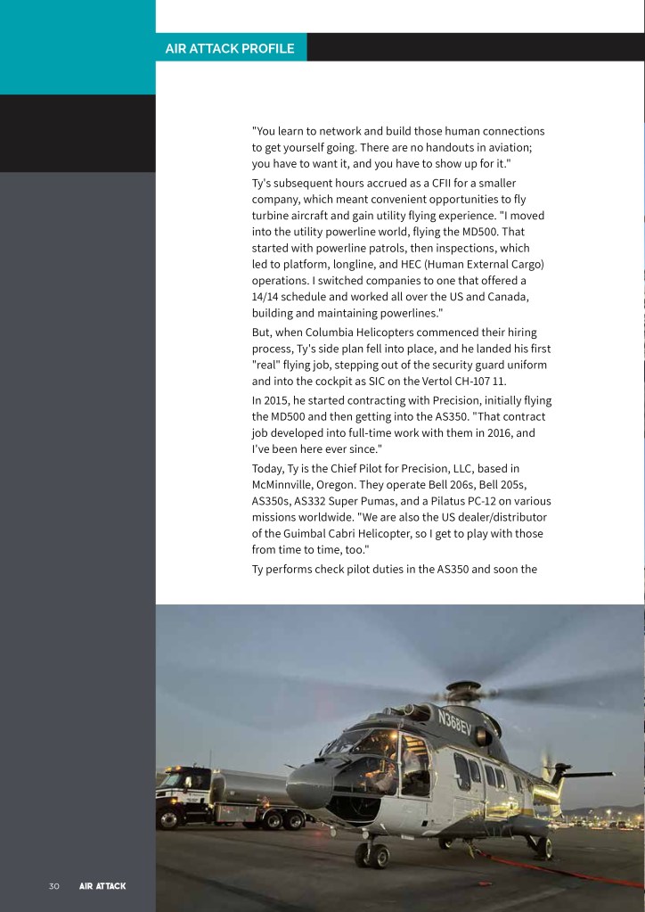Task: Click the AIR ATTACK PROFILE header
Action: (x=230, y=48)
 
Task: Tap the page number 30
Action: (x=53, y=886)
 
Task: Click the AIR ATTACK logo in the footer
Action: (x=102, y=886)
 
